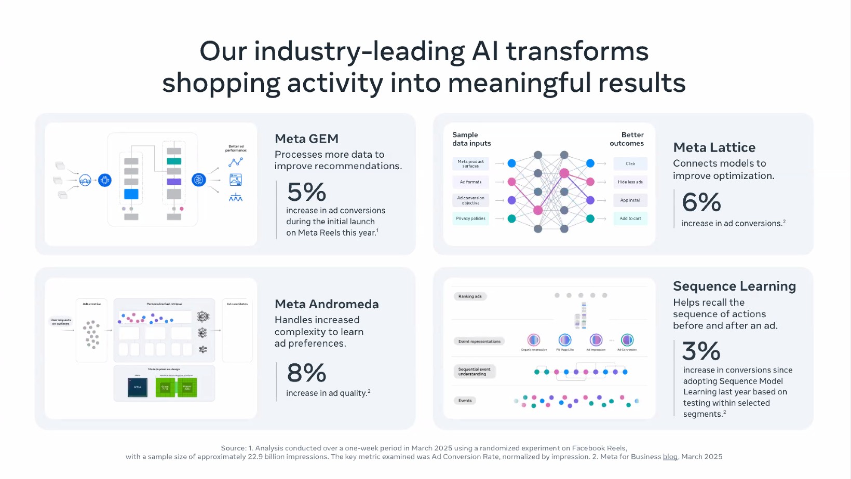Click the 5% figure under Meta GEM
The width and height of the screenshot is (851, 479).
click(306, 193)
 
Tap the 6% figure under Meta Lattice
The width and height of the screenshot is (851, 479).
click(701, 202)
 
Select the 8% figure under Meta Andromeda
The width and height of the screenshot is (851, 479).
click(306, 373)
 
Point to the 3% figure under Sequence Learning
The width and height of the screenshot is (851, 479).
click(701, 351)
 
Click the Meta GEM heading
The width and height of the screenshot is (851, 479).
click(306, 139)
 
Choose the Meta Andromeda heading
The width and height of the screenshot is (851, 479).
click(327, 304)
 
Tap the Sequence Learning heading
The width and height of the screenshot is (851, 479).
click(734, 286)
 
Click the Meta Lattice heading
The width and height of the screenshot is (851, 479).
click(714, 148)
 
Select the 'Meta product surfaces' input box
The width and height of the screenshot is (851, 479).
click(470, 164)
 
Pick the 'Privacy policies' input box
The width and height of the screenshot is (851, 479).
click(470, 218)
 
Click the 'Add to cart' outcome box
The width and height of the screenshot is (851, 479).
click(630, 218)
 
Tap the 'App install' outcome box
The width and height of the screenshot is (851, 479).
click(630, 200)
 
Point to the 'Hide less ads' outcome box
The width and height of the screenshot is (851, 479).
click(630, 182)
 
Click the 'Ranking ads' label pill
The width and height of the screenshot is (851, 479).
click(470, 296)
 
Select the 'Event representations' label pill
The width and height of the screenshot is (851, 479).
click(479, 341)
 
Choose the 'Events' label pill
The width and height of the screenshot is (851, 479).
click(465, 401)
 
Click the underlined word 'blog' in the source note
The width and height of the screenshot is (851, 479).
click(670, 457)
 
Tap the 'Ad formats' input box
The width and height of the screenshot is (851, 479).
click(470, 182)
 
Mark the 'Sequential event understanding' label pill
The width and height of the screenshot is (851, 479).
click(475, 372)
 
